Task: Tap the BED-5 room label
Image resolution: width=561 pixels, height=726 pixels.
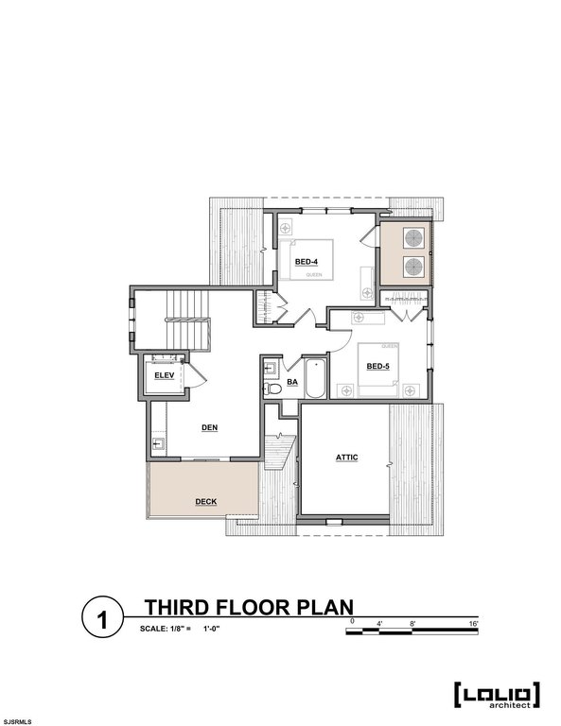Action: coord(378,366)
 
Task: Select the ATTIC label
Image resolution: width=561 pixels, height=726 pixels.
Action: coord(346,458)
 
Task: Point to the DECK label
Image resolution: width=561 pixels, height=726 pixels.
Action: coord(205,501)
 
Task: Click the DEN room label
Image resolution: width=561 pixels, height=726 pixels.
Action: coord(210,427)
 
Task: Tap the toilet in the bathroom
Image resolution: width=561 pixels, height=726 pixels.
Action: coord(272,387)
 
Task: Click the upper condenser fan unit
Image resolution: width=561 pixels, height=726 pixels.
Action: coord(413,238)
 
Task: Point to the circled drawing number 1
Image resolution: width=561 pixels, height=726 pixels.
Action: coord(101,620)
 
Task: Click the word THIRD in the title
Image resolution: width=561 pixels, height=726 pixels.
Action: coord(178,606)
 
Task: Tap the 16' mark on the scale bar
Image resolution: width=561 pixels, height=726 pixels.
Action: coord(474,623)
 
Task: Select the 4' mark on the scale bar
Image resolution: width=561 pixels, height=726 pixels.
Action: coord(379,623)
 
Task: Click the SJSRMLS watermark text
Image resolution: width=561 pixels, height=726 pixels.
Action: coord(18,721)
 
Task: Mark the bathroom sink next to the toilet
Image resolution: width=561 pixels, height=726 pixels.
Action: coord(271,368)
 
